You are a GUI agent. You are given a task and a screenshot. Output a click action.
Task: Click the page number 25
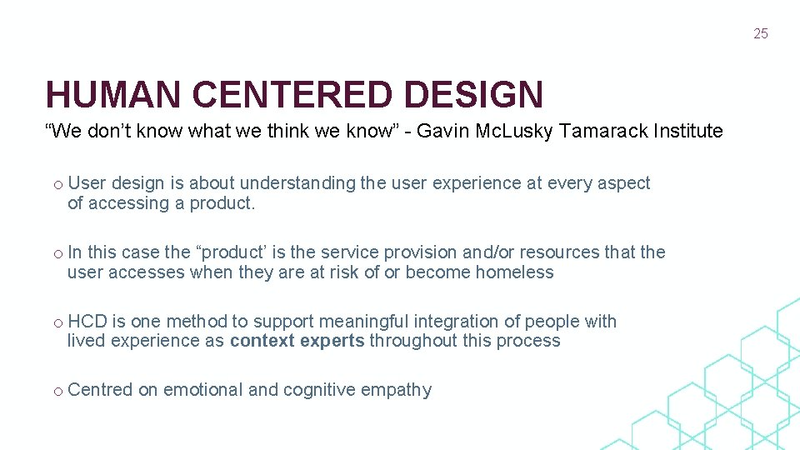click(x=760, y=34)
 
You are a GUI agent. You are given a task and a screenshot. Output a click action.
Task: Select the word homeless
click(x=514, y=272)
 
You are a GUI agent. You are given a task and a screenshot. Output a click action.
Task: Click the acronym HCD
click(x=84, y=322)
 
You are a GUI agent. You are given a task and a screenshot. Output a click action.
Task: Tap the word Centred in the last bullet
click(x=100, y=390)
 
